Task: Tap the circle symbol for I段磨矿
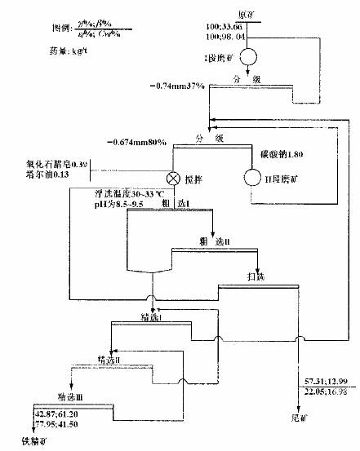[247, 55]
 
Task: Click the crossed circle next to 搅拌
[173, 177]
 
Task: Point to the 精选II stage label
[109, 358]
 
